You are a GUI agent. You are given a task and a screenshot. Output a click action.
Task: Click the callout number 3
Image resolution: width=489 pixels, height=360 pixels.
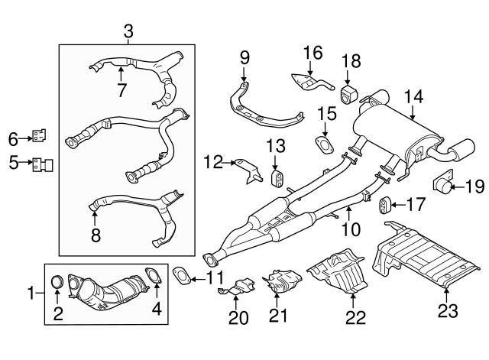(x=128, y=31)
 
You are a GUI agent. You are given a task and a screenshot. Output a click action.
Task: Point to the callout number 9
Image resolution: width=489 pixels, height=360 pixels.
(x=244, y=57)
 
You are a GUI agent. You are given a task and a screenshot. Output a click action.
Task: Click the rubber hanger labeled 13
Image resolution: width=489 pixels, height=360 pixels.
(x=279, y=179)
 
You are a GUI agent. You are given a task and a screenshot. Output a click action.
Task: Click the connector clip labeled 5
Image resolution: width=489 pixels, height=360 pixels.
(x=43, y=162)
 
